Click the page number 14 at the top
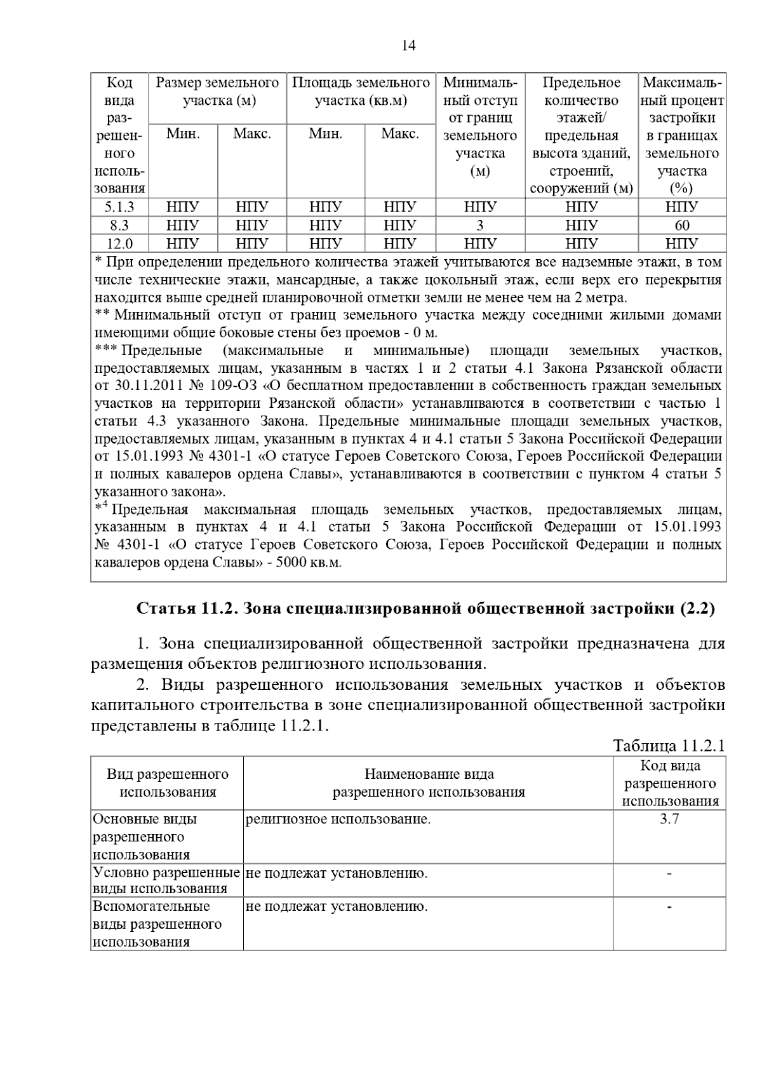408,46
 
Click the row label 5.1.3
119,208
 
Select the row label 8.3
119,226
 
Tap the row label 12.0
119,243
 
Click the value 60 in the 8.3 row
682,226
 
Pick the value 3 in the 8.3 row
480,226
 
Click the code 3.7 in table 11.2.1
669,819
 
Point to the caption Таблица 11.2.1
668,746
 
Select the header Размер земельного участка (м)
218,91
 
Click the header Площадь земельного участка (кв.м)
361,91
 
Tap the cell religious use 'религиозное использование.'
338,819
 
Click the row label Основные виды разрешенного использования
145,837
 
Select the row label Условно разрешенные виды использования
166,880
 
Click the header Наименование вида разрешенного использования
429,783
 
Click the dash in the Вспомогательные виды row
669,907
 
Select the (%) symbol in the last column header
682,189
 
